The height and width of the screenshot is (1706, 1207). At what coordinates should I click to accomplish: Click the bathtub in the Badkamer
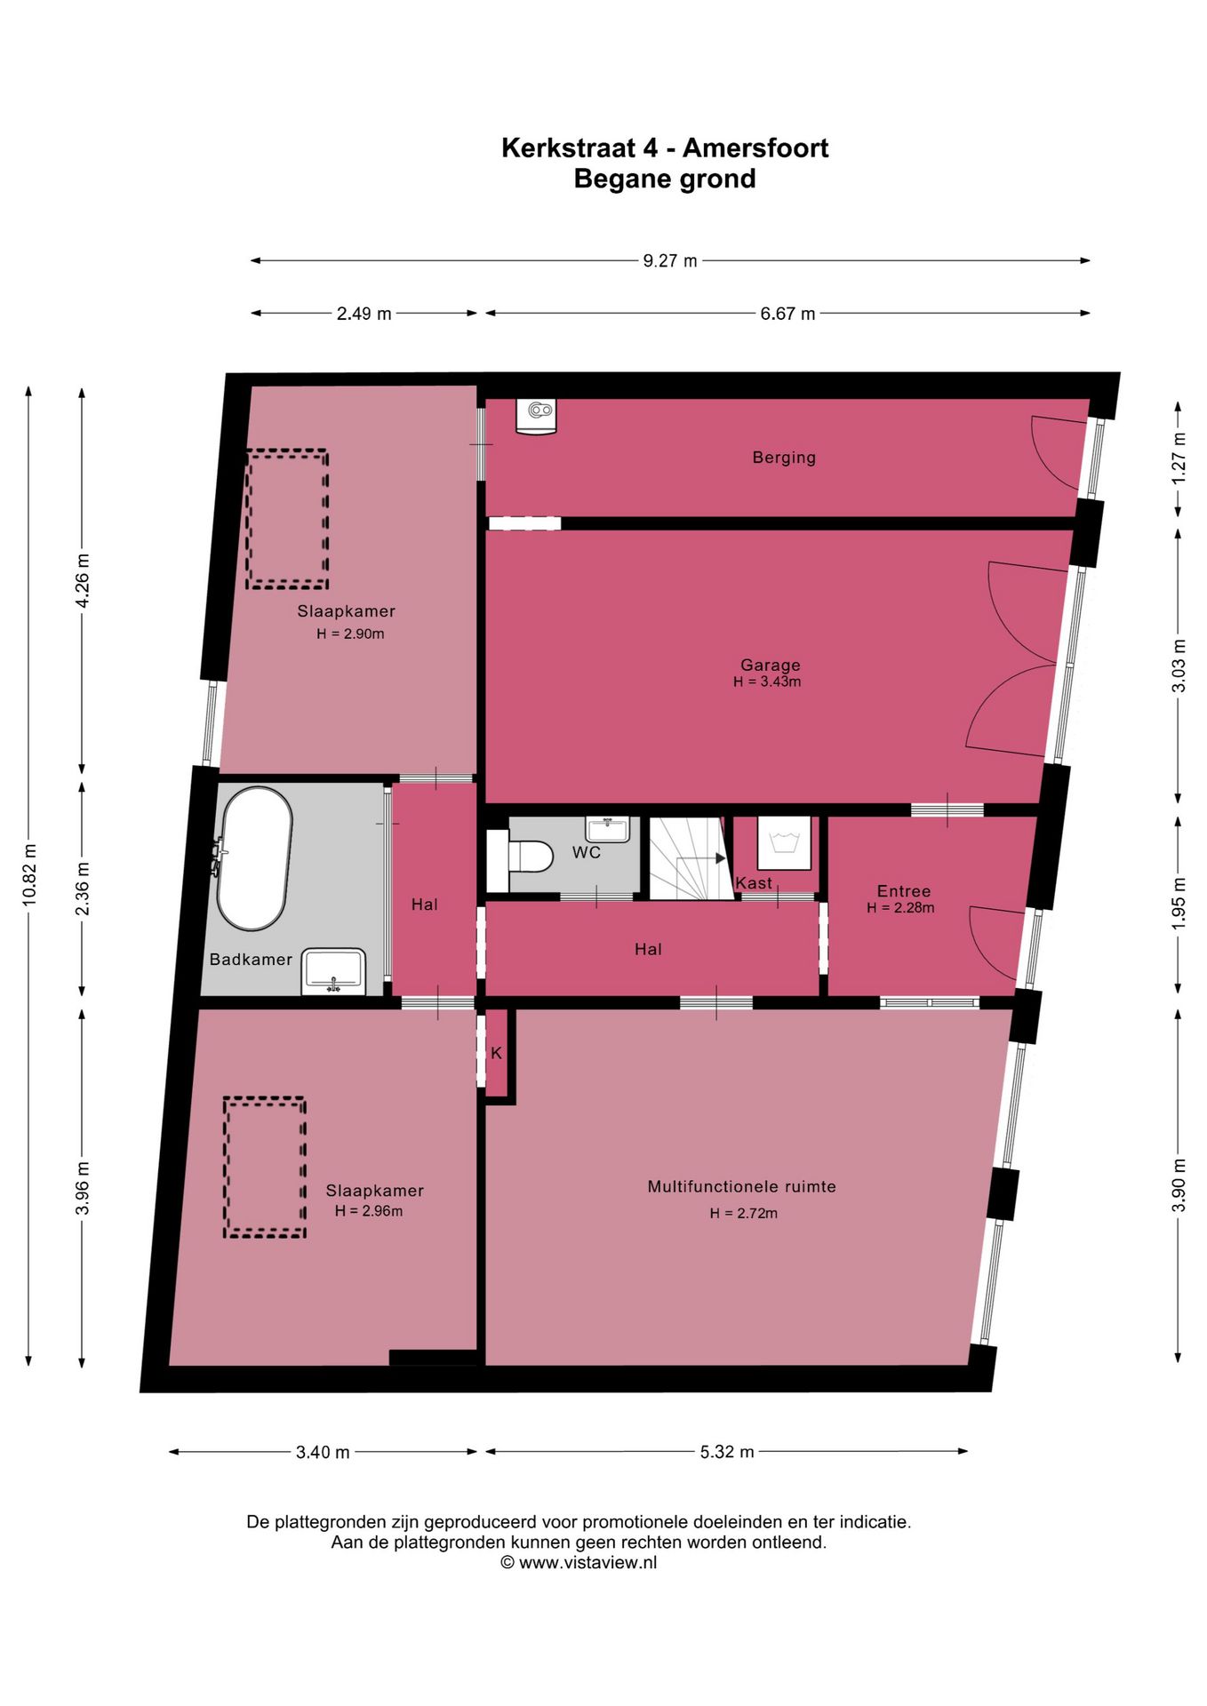click(x=254, y=858)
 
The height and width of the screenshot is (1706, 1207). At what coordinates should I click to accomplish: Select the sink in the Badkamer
click(x=334, y=971)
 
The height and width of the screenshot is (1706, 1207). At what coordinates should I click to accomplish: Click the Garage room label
click(x=771, y=665)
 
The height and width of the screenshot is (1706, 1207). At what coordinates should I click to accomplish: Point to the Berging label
click(x=784, y=458)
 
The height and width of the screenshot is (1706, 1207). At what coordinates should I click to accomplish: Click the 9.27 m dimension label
click(x=670, y=261)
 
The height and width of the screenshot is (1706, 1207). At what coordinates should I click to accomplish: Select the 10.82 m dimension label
click(x=29, y=875)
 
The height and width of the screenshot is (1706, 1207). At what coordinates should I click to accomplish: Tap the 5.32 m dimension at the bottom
click(x=727, y=1452)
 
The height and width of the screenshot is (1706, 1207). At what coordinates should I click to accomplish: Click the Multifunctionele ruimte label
click(x=742, y=1186)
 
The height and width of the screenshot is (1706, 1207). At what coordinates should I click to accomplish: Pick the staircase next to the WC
click(x=691, y=858)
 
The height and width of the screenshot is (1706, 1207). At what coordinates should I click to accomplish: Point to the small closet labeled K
click(x=497, y=1053)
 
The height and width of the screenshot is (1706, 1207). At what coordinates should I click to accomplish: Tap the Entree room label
click(x=904, y=891)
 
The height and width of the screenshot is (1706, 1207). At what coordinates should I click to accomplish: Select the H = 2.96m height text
click(x=369, y=1211)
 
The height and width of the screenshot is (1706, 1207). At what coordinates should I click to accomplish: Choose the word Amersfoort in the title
click(x=755, y=147)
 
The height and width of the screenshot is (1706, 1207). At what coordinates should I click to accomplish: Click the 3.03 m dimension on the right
click(x=1179, y=666)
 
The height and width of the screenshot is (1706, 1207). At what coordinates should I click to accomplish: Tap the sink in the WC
click(x=607, y=829)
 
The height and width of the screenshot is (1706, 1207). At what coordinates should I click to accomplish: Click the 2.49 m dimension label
click(x=364, y=314)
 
